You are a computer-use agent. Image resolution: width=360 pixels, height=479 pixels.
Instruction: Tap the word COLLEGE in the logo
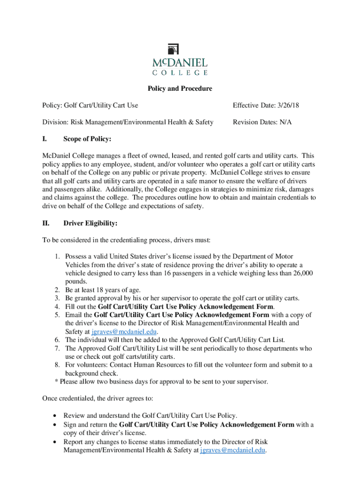[180, 73]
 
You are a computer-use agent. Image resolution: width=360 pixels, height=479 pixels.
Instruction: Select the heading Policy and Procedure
[180, 88]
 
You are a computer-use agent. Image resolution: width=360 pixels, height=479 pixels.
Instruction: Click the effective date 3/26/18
[286, 106]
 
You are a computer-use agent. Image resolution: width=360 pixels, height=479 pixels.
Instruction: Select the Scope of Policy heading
[87, 139]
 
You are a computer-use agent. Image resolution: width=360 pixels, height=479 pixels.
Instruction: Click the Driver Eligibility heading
[90, 223]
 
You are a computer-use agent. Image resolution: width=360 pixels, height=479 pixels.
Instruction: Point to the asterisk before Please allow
[57, 382]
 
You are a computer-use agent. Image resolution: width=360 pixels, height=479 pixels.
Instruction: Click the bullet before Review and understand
[57, 415]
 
